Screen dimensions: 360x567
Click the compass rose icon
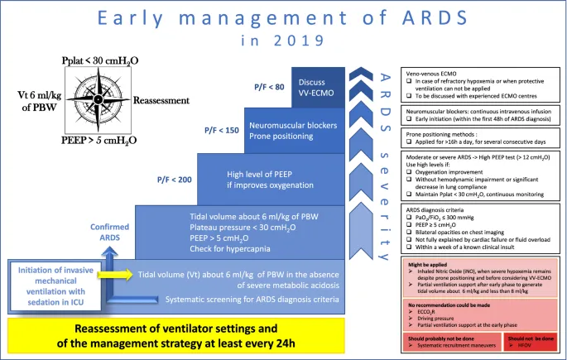coord(95,98)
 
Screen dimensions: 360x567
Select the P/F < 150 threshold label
coord(223,129)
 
